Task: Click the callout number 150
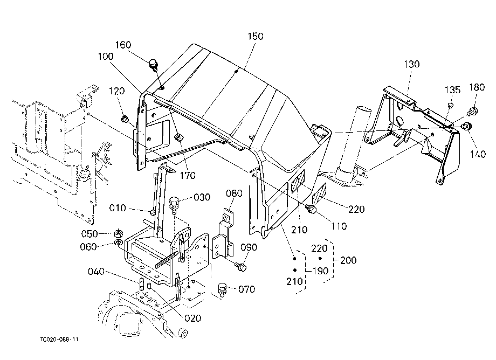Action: (x=255, y=36)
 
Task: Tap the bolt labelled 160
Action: (x=154, y=65)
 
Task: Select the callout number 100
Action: (x=106, y=57)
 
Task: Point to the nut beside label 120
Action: (x=125, y=119)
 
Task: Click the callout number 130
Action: (x=412, y=64)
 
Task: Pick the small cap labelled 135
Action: (x=451, y=105)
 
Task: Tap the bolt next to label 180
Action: (x=472, y=111)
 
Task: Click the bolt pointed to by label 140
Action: (x=466, y=125)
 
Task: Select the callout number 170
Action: (x=188, y=175)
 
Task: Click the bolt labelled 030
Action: (x=174, y=203)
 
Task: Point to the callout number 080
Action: (x=234, y=193)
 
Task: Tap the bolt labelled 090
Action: (x=242, y=267)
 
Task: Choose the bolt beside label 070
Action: (x=223, y=289)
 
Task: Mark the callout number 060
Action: (x=88, y=246)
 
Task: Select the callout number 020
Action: (x=192, y=318)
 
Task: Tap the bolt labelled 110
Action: (x=311, y=209)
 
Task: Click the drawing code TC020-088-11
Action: (x=59, y=340)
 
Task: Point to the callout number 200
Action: (x=348, y=260)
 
